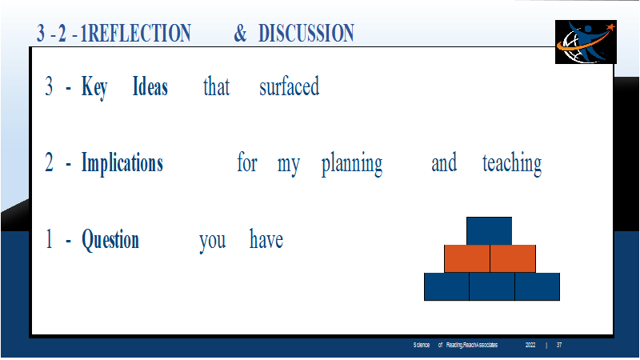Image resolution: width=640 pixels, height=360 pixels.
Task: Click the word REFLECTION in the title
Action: click(x=139, y=33)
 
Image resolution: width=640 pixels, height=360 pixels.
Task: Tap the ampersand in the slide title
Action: click(x=240, y=33)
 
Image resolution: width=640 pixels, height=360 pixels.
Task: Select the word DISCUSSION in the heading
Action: click(x=306, y=33)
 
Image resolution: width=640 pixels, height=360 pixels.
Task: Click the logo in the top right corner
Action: click(x=586, y=42)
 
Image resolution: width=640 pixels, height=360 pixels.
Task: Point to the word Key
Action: click(x=94, y=87)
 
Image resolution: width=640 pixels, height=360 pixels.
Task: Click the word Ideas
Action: click(x=150, y=86)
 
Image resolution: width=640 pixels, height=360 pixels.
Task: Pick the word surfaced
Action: click(x=290, y=86)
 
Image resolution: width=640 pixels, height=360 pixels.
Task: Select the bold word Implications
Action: click(x=122, y=163)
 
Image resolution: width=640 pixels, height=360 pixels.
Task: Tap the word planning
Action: click(x=352, y=164)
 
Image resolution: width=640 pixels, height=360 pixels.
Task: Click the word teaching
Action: click(x=512, y=163)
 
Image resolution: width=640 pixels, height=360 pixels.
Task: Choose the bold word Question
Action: click(x=110, y=239)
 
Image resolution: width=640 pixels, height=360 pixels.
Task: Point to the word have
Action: click(x=266, y=239)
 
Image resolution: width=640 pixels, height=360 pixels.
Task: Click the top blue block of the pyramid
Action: click(x=489, y=231)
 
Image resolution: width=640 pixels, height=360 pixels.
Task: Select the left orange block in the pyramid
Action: click(x=467, y=258)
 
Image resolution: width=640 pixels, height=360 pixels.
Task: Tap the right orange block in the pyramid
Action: click(x=513, y=258)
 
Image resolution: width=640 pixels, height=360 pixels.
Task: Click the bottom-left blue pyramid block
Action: click(x=446, y=287)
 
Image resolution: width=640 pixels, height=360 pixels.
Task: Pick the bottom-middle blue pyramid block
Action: click(x=492, y=287)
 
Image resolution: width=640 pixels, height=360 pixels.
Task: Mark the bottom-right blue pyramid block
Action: click(x=537, y=287)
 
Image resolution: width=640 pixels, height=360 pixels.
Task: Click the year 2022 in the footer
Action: click(x=530, y=345)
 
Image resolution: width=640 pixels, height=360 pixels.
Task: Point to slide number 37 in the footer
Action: click(x=559, y=345)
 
